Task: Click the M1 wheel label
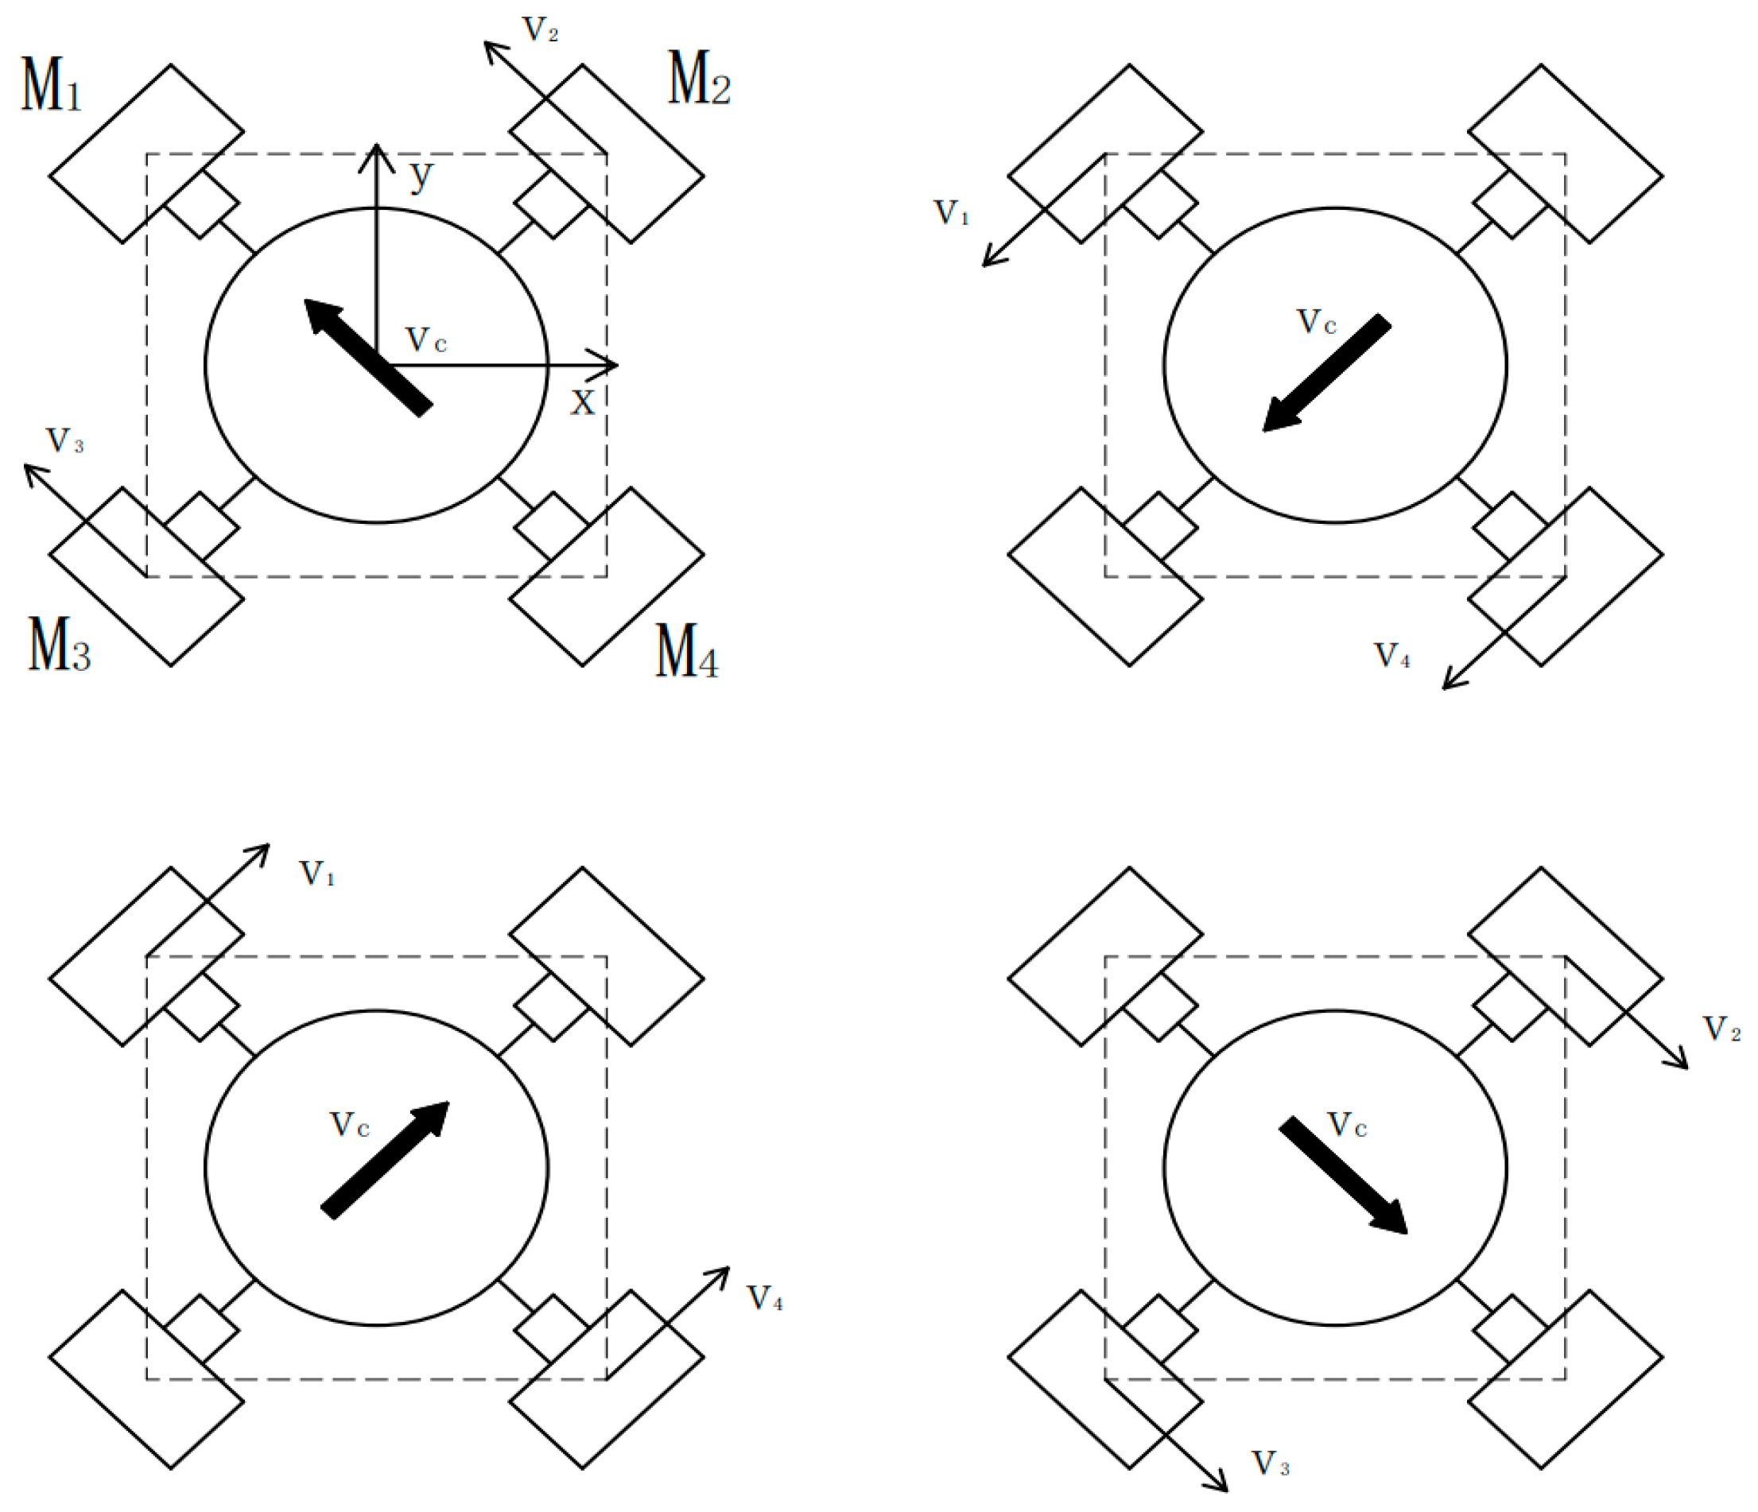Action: [x=51, y=86]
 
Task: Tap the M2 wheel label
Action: [x=698, y=79]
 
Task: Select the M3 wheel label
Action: [x=59, y=645]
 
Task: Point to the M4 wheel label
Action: [x=686, y=652]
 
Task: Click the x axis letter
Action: [x=583, y=403]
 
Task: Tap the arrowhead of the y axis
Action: [x=377, y=153]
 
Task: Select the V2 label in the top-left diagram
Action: [x=541, y=30]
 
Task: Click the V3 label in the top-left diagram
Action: [x=64, y=441]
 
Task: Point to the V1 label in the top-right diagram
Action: [x=951, y=213]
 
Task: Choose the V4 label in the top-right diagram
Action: [x=1392, y=656]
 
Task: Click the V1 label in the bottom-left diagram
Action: [x=317, y=873]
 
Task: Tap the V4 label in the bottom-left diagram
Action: [x=764, y=1299]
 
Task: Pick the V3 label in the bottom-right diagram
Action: [x=1270, y=1464]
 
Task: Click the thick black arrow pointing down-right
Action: [x=1343, y=1176]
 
